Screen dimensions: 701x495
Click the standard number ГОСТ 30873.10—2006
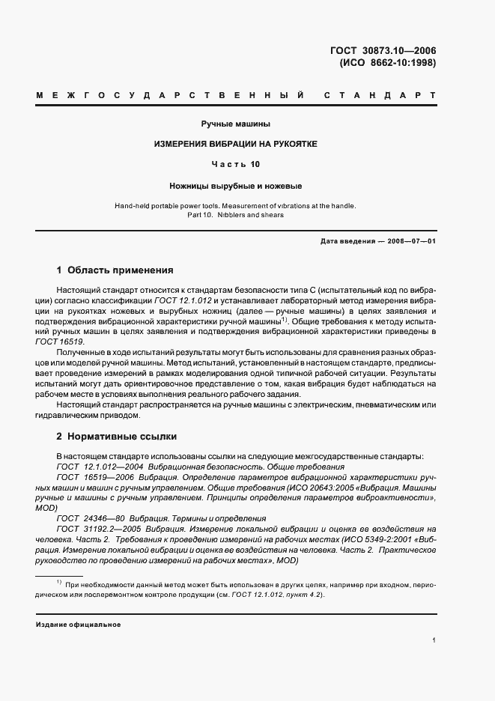[383, 51]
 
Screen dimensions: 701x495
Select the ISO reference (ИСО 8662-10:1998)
[387, 63]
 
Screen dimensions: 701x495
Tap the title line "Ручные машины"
[235, 123]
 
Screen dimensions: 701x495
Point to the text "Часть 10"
[235, 163]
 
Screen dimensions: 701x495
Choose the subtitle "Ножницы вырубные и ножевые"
[235, 184]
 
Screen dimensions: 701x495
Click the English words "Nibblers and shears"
[251, 215]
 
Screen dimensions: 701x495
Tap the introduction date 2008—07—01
[410, 241]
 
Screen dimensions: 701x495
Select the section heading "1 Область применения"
[115, 270]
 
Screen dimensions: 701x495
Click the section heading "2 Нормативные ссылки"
[116, 436]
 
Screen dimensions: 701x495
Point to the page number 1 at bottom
[434, 641]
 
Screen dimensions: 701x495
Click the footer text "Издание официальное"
[79, 624]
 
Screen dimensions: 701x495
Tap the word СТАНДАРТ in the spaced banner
[380, 97]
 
